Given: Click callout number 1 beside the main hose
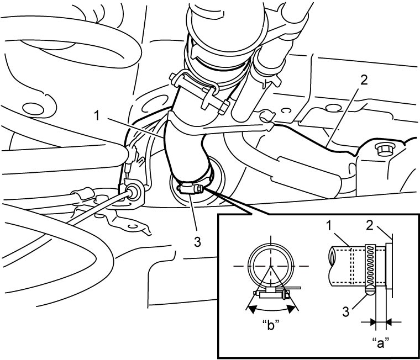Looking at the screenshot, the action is click(x=97, y=116).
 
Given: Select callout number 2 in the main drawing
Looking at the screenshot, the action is click(x=364, y=80).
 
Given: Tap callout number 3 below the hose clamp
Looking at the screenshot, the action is click(x=197, y=242).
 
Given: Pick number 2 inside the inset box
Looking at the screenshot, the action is click(x=370, y=226).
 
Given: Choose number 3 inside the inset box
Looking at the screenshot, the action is click(x=346, y=312).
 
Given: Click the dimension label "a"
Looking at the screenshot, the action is click(x=381, y=343).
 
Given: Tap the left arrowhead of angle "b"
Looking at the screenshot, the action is click(x=251, y=309).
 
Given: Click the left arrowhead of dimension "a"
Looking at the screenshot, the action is click(x=373, y=322).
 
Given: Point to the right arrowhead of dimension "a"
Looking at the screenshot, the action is click(x=390, y=322).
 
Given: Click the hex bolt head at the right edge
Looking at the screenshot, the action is click(x=382, y=149).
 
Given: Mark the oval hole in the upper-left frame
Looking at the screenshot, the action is click(x=33, y=109).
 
